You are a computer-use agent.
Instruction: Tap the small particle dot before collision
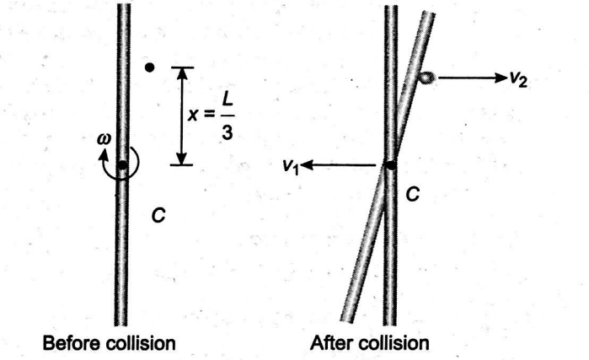point(149,67)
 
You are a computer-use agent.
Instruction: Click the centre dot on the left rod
point(123,165)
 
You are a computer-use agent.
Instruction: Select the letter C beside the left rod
point(158,217)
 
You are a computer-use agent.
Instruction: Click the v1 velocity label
point(292,166)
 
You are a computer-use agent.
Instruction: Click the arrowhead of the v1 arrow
point(306,166)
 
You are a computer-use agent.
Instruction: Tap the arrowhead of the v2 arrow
point(500,78)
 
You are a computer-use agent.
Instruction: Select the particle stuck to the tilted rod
point(427,78)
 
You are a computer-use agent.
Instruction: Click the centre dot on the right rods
point(390,165)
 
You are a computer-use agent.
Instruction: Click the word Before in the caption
point(64,344)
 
